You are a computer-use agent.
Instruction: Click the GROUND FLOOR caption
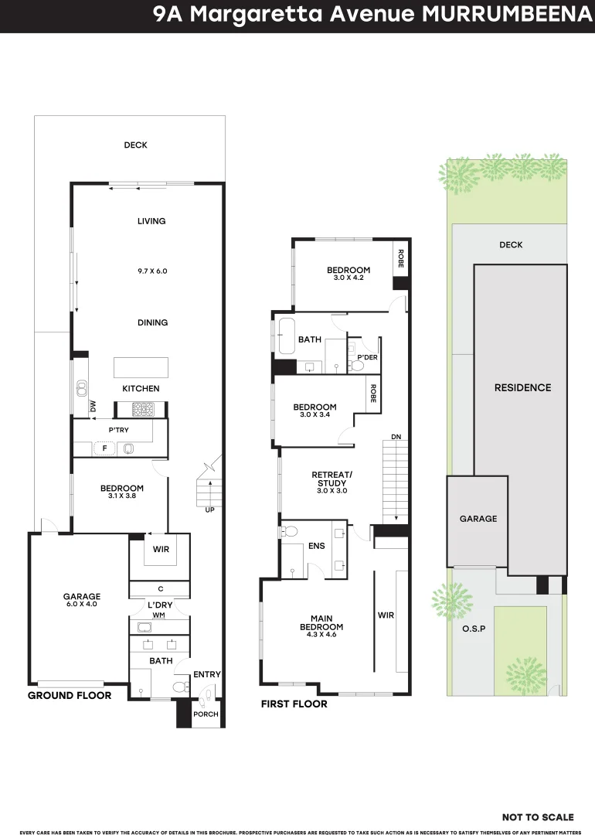70,696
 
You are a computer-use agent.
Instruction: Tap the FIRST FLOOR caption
294,704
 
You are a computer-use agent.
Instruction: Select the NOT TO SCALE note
538,817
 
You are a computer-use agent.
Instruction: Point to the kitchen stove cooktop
144,409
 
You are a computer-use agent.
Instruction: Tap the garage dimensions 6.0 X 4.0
82,605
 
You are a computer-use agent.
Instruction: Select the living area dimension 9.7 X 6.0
152,271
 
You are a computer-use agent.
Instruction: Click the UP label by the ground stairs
209,510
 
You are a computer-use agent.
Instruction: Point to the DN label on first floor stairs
396,438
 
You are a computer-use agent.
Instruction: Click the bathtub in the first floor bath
287,334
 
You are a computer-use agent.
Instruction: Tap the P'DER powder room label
367,357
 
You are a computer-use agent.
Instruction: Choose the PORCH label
206,714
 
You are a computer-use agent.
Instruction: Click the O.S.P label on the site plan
473,629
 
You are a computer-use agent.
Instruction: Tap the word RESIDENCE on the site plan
522,387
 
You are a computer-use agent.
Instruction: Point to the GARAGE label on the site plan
478,519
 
